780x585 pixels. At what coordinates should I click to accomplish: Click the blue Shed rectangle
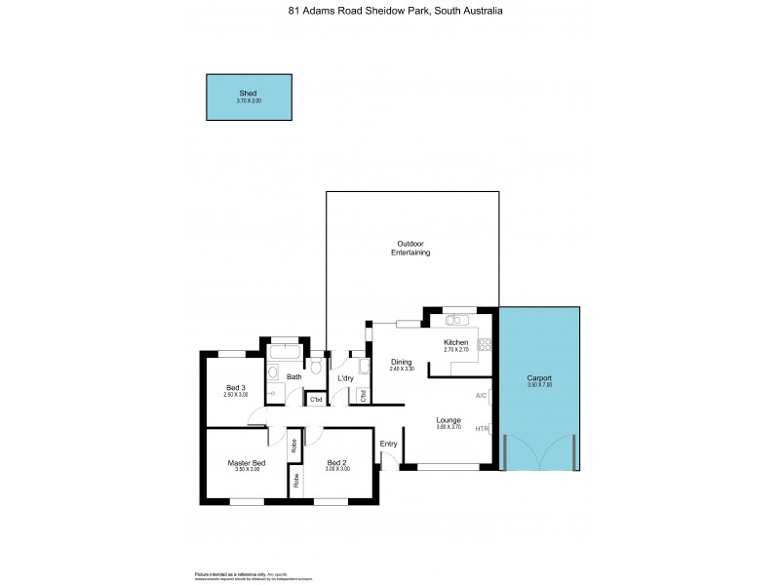coord(249,97)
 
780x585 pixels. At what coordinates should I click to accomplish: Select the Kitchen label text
coord(456,343)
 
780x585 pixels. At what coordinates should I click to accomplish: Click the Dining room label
coord(402,362)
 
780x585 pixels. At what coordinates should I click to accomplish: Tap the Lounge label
coord(448,420)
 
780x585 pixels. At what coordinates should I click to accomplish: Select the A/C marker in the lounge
coord(481,396)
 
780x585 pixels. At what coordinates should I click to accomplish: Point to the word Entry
coord(389,444)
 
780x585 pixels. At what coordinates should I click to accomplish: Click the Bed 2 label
coord(337,462)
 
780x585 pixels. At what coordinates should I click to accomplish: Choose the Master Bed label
coord(247,462)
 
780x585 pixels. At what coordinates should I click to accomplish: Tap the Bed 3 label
coord(236,388)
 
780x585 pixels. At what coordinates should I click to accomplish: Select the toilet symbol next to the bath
coord(314,366)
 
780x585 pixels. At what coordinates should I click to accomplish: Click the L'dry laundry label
coord(344,378)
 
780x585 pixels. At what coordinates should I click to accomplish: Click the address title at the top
coord(389,13)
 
